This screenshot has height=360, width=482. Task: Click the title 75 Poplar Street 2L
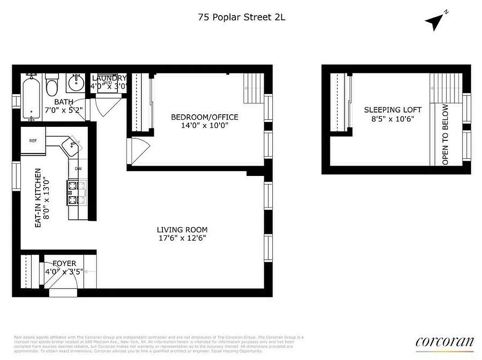(242, 18)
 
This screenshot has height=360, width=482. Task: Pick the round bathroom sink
(76, 84)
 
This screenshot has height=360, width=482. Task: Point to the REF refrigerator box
(33, 140)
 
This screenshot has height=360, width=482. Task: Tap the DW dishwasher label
(78, 169)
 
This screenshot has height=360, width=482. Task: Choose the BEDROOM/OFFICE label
(204, 117)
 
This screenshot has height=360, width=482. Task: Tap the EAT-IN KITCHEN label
(38, 198)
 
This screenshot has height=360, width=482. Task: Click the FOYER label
(64, 263)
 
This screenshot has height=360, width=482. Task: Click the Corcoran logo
(444, 342)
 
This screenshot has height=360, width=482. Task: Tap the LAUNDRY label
(109, 78)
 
